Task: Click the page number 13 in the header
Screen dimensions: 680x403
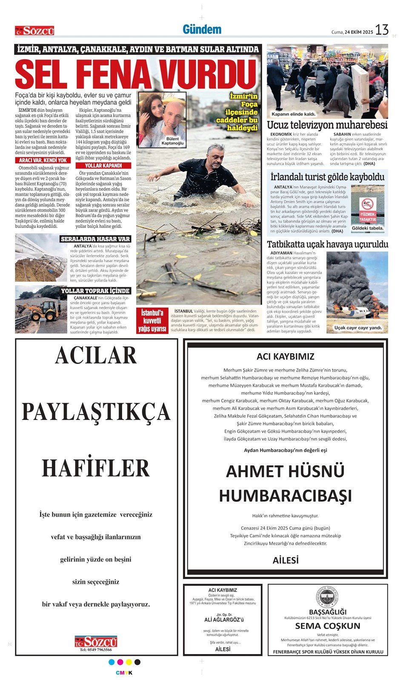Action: [382, 30]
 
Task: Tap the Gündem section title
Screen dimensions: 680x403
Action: [202, 29]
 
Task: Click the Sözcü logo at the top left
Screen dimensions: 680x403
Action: [34, 31]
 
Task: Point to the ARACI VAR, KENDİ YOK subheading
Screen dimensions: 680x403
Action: [43, 160]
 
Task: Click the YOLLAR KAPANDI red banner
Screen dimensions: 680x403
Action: [103, 166]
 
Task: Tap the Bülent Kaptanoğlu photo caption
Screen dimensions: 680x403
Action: [172, 141]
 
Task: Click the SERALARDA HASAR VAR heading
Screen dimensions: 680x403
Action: [95, 239]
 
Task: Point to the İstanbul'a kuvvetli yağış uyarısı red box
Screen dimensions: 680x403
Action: [152, 320]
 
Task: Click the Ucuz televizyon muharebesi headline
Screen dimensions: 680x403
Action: [327, 125]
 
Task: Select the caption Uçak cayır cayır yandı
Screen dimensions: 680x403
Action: [358, 328]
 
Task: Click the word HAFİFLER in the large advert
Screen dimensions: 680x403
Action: [96, 468]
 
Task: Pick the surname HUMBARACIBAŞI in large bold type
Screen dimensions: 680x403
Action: [285, 496]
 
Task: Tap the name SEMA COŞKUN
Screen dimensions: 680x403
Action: [328, 626]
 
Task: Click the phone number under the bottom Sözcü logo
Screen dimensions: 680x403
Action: [96, 650]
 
